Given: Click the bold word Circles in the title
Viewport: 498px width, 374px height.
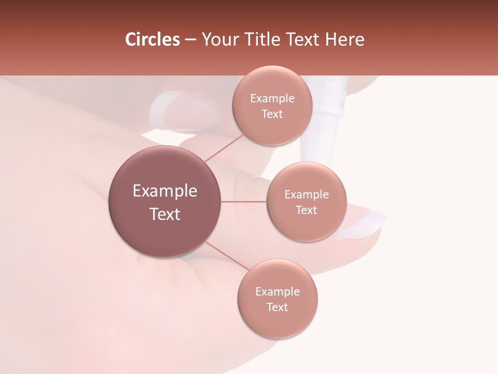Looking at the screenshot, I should point(152,39).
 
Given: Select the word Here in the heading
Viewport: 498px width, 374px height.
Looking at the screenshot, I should point(345,39).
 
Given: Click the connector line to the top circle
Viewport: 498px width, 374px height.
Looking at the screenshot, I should point(224,148).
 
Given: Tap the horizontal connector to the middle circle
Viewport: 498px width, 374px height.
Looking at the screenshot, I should point(244,202).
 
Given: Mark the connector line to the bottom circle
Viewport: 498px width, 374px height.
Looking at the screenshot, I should point(227,257).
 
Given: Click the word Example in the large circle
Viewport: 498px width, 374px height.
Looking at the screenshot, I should point(165,191).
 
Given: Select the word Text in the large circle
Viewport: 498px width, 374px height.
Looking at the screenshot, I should point(165,214).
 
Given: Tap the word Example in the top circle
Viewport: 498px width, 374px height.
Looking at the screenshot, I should point(272,99).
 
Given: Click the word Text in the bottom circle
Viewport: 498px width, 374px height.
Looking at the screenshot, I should point(277,307).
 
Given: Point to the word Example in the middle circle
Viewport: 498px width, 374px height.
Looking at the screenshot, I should point(307,195).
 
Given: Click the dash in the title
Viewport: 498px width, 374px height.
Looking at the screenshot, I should point(190,40).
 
